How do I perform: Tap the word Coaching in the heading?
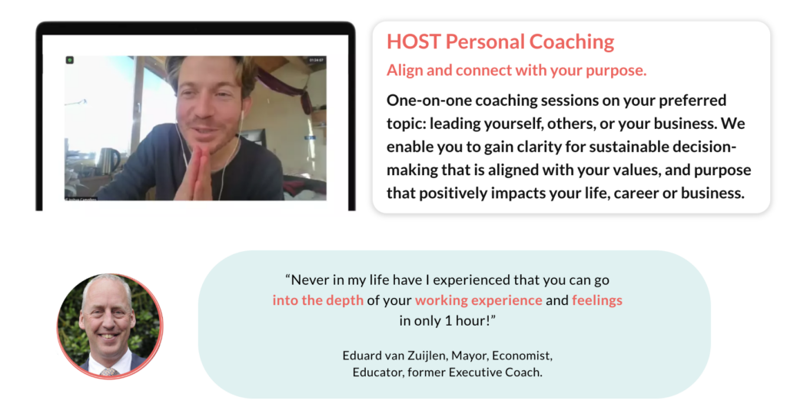tap(572, 42)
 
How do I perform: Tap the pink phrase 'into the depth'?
tap(317, 300)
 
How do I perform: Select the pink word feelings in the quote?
tap(596, 300)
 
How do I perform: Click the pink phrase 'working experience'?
tap(478, 300)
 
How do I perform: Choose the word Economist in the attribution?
tap(522, 356)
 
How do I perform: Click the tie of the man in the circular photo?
tap(108, 372)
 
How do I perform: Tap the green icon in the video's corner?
tap(70, 60)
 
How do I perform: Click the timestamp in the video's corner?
tap(316, 60)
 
